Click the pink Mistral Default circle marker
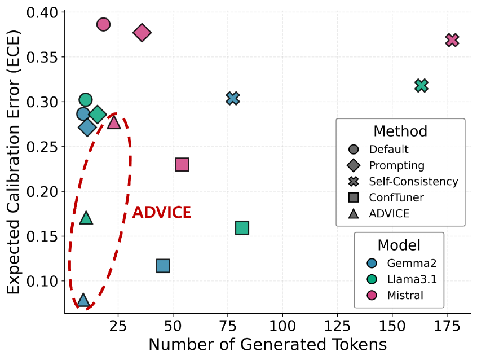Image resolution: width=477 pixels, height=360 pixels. point(103,24)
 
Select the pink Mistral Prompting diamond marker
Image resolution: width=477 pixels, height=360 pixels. point(142,33)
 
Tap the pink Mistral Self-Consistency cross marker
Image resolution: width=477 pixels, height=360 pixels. point(452,40)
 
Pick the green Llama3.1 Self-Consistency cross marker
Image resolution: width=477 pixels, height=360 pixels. point(421,86)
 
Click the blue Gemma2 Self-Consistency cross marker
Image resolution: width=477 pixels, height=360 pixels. point(233,98)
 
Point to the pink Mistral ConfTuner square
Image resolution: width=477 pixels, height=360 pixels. point(182,165)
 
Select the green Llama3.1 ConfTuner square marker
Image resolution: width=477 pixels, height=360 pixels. point(242,228)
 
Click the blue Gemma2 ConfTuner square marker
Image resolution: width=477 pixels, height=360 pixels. point(163,266)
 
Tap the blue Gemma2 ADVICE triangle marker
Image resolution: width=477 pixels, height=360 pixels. point(83,300)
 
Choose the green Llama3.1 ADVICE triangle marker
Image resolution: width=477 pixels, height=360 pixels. point(86,218)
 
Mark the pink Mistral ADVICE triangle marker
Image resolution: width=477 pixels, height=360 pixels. point(114,122)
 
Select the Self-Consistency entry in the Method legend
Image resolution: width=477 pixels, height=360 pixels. point(413,182)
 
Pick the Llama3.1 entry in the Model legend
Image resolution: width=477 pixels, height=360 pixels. point(403,279)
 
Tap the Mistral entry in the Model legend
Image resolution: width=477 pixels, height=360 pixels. point(401,295)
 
